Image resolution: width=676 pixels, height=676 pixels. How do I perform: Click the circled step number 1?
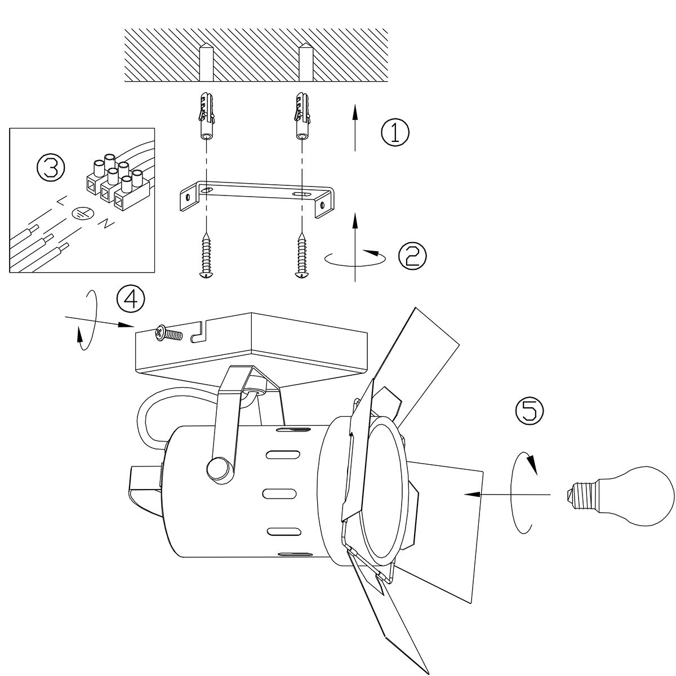click(395, 133)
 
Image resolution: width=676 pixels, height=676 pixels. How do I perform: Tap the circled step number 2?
click(412, 256)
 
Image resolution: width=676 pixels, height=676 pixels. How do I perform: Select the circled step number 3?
click(51, 167)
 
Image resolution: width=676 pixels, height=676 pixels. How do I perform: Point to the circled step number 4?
click(131, 298)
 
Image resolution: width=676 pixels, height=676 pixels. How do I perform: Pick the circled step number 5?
click(530, 411)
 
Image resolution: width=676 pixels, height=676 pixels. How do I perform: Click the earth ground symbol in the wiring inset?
click(83, 213)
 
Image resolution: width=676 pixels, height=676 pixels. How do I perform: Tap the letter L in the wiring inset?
click(61, 201)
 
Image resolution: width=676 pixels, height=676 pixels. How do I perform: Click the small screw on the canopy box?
click(168, 333)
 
